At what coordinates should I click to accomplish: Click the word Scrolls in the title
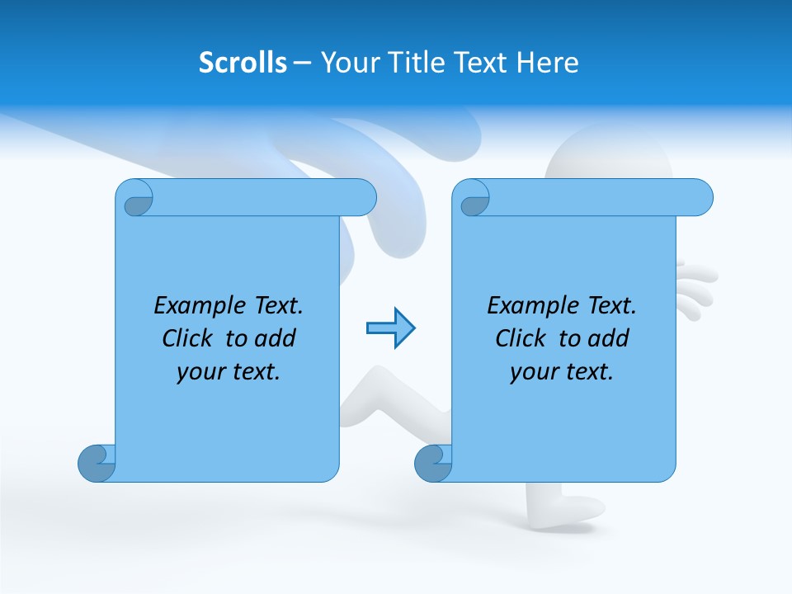pos(243,63)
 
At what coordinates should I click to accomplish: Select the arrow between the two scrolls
pos(390,328)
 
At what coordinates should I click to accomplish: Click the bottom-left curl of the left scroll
pos(97,463)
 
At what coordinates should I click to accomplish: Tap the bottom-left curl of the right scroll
pos(433,463)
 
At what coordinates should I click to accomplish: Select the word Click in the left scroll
pos(187,338)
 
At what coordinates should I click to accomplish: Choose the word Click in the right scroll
pos(521,338)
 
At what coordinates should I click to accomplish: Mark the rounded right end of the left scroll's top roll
pos(364,198)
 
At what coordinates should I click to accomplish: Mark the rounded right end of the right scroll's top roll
pos(700,198)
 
